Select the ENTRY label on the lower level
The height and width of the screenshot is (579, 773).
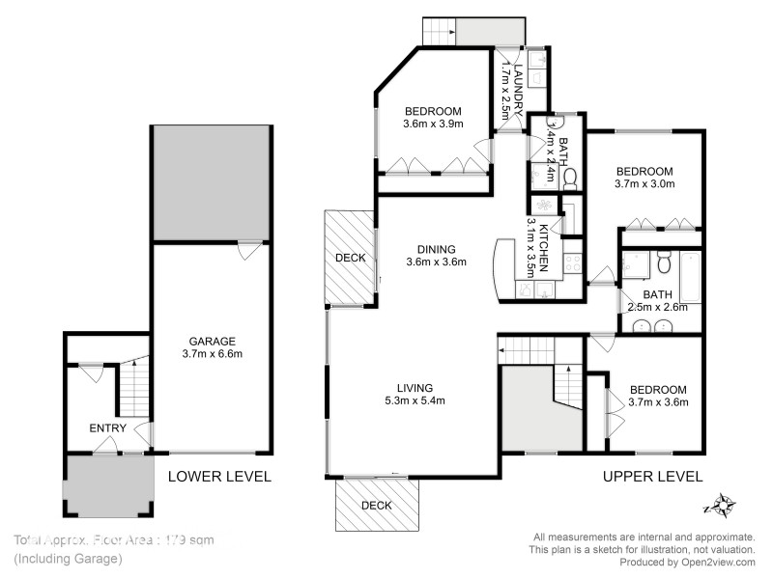107,427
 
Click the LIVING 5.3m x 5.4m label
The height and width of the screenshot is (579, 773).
413,394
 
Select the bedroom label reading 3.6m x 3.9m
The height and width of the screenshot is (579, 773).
433,117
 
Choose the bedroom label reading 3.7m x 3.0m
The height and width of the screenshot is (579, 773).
644,177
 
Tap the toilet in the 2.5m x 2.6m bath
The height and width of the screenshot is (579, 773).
663,262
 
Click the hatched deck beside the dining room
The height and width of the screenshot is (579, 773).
349,258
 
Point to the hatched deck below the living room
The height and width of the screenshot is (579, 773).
378,505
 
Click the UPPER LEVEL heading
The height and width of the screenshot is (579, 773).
652,476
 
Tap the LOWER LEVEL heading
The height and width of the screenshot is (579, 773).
219,476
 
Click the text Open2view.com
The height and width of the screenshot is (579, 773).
715,562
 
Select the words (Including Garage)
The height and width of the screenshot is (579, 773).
68,559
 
